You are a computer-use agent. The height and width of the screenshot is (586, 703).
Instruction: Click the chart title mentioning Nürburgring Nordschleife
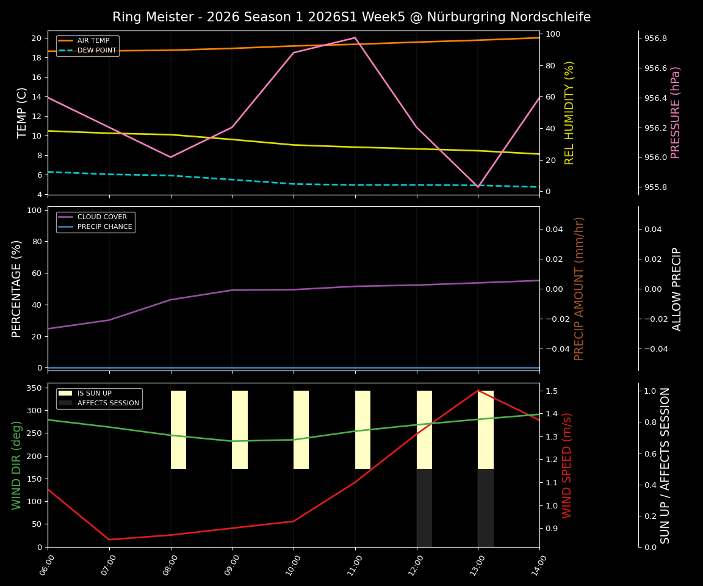click(351, 17)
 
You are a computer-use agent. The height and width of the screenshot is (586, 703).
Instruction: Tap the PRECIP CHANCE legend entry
click(104, 227)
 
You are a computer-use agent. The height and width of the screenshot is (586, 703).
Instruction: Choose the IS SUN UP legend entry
click(94, 394)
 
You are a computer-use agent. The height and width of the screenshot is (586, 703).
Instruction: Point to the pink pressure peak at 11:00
click(355, 38)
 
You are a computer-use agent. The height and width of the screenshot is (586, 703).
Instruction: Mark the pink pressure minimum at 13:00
click(478, 186)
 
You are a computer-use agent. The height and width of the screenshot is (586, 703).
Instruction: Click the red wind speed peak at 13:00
click(478, 391)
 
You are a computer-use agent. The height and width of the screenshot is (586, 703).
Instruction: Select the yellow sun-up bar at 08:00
click(178, 430)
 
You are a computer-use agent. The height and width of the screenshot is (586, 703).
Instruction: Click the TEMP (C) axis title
click(22, 113)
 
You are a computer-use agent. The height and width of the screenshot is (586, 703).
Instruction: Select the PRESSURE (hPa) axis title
click(676, 113)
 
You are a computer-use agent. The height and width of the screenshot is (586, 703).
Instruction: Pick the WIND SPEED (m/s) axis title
click(568, 465)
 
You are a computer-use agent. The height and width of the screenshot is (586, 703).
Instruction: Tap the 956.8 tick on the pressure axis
click(656, 38)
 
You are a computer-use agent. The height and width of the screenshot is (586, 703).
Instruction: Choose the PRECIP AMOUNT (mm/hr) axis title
click(579, 289)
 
